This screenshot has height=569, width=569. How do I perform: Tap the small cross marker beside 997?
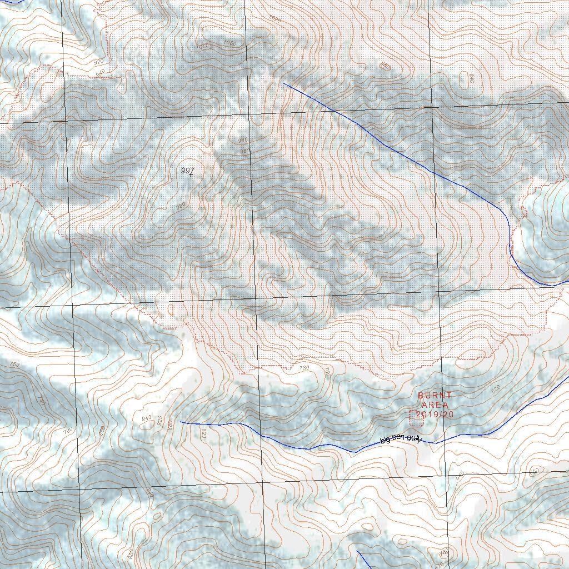(191, 175)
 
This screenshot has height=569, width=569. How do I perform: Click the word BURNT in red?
(435, 396)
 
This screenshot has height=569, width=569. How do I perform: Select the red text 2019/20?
(435, 415)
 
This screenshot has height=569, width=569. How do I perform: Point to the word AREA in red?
(435, 405)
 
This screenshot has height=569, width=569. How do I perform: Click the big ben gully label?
(401, 439)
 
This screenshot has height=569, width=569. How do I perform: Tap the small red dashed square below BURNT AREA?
(416, 418)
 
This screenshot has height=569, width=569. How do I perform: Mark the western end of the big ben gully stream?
(181, 422)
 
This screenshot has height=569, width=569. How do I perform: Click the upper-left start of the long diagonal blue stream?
(284, 84)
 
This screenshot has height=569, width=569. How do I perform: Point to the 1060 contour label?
(229, 43)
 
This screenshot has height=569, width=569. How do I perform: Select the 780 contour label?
(304, 368)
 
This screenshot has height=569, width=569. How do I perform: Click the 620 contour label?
(496, 387)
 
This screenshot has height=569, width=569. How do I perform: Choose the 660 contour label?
(533, 471)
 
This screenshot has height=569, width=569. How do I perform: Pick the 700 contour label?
(68, 431)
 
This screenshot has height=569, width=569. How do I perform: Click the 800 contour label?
(102, 430)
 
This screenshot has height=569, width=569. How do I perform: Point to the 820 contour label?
(203, 433)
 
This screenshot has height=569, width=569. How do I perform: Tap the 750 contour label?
(15, 365)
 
